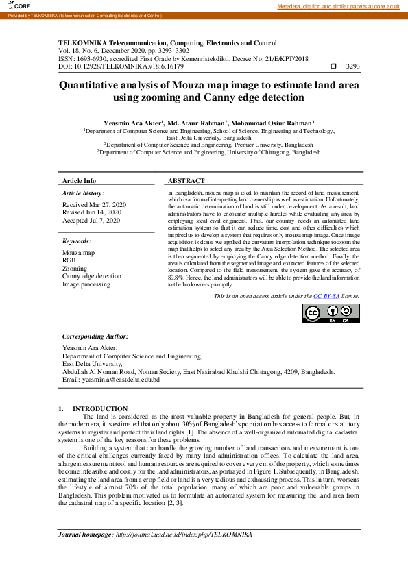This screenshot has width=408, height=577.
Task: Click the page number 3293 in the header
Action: click(353, 66)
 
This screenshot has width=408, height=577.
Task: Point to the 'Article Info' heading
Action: click(80, 180)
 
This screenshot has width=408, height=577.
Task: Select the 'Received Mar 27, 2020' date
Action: click(94, 205)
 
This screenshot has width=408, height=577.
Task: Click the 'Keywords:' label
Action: click(76, 241)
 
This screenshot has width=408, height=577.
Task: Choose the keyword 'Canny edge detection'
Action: click(91, 276)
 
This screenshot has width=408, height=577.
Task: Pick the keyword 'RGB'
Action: click(69, 260)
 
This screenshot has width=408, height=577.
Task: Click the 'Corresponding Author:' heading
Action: click(95, 336)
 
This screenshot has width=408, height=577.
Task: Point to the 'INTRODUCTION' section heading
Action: click(101, 408)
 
